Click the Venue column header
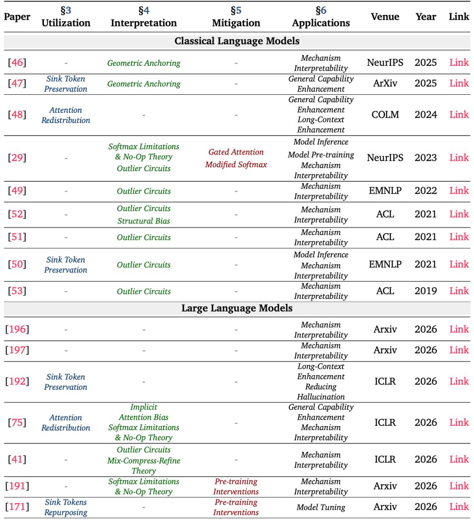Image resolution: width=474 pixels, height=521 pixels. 385,17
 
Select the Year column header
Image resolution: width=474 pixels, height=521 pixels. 425,17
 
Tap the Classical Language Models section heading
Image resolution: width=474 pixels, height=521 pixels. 237,41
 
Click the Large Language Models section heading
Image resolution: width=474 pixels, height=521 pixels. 237,308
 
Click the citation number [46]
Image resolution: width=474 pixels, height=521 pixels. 17,63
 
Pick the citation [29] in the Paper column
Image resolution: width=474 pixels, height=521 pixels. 17,158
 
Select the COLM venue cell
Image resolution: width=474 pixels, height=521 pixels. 385,115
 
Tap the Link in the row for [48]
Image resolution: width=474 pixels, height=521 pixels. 459,115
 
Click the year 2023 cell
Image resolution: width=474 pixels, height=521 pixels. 425,158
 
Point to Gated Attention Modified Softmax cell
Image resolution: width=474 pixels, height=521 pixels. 236,158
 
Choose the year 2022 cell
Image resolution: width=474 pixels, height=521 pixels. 425,190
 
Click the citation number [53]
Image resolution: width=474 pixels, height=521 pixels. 17,291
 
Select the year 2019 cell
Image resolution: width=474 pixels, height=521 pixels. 425,291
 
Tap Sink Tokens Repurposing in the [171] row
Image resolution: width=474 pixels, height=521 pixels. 66,507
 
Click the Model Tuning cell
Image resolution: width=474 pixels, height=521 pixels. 321,507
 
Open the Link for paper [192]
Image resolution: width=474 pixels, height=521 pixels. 459,381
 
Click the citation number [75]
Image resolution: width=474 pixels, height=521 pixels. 17,423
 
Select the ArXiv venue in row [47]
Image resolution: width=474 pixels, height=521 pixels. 385,83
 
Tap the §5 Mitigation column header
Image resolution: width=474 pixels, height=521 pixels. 236,17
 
